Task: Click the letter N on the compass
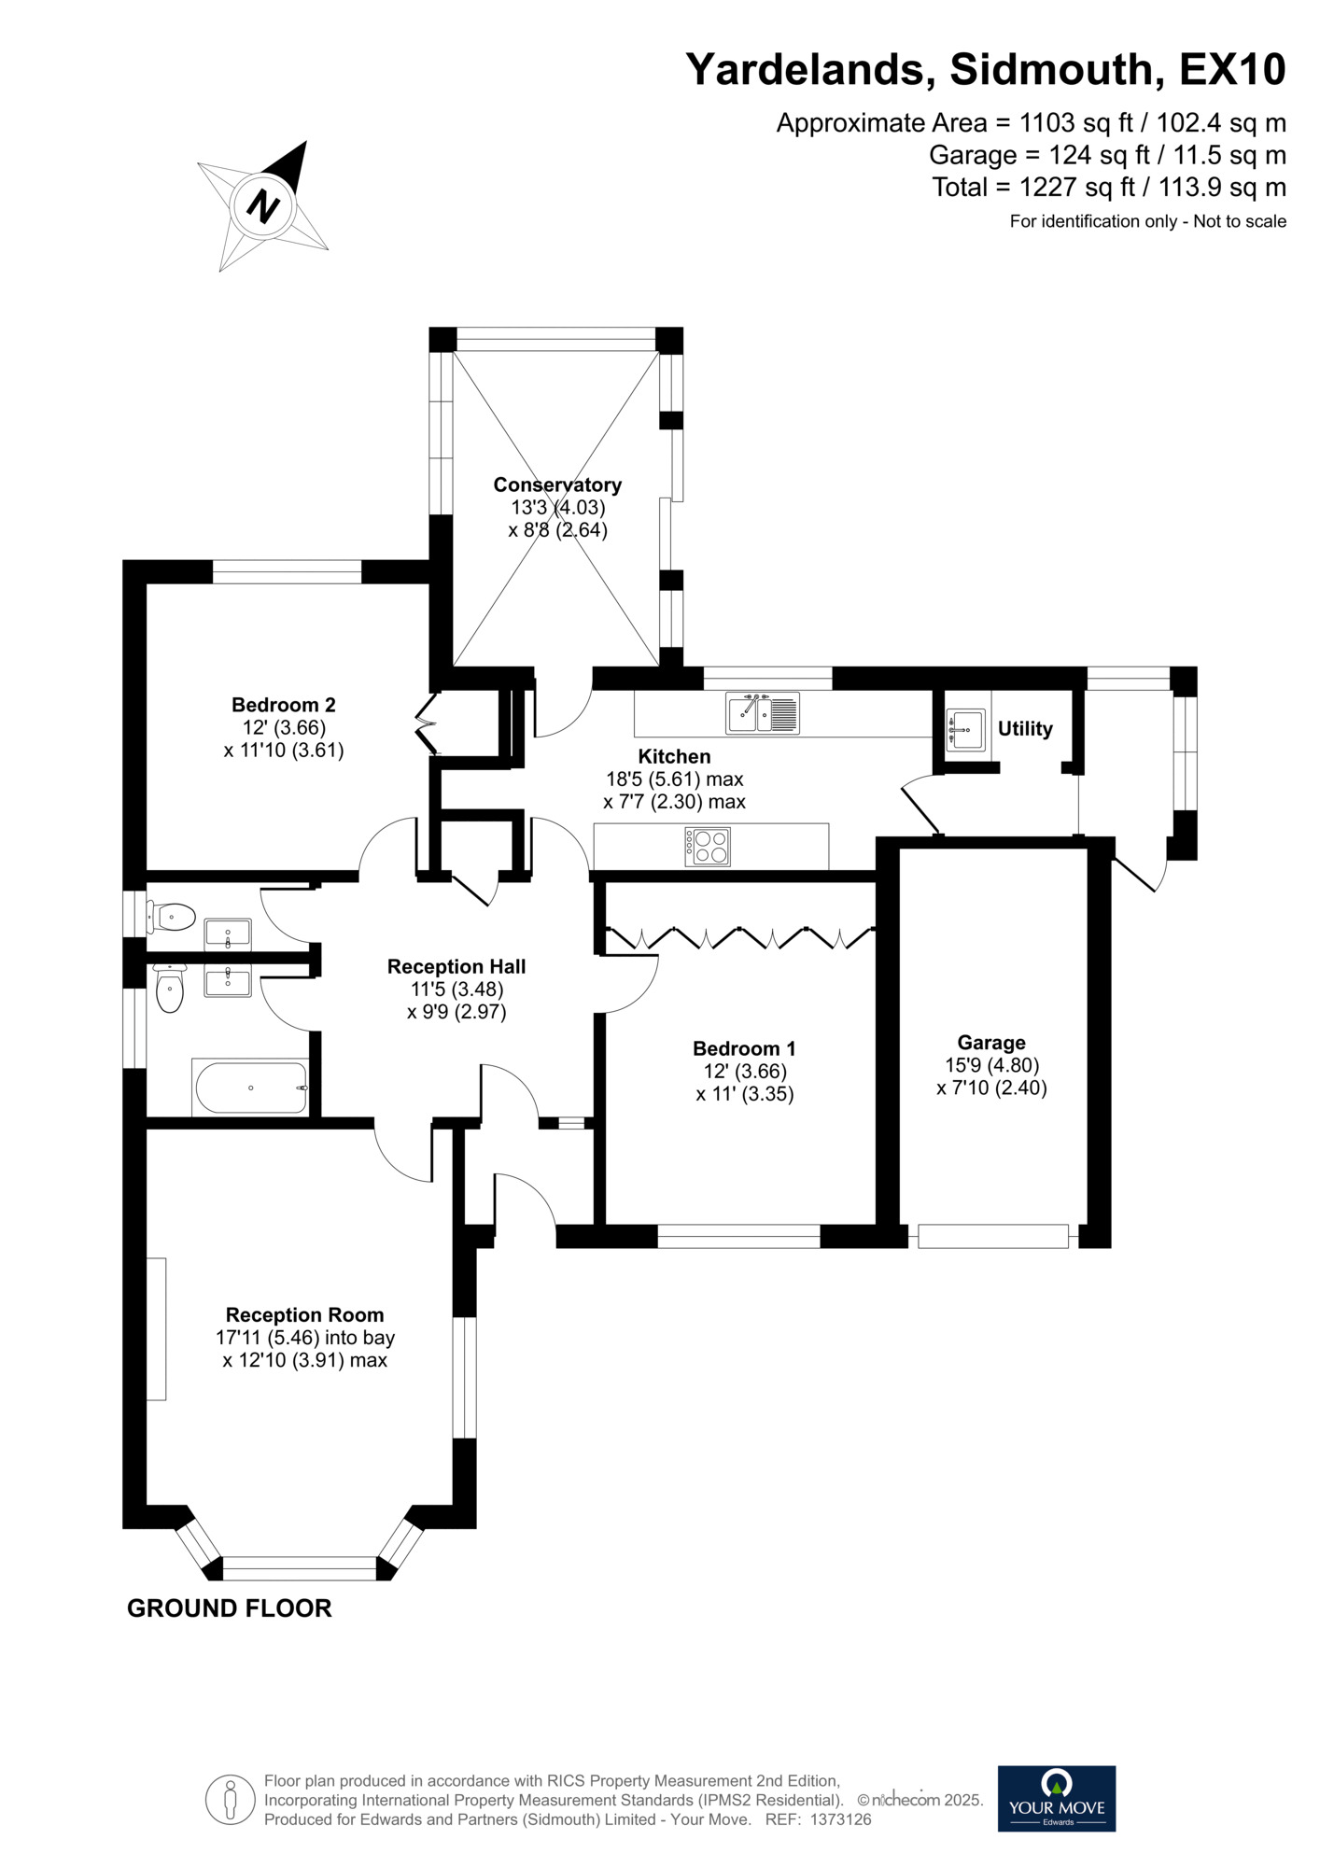coord(263,205)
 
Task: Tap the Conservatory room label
coord(557,484)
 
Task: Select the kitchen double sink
coord(763,713)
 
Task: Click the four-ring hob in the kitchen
coord(708,847)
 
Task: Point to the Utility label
coord(1025,729)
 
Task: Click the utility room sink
coord(965,729)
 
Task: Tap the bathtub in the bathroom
coord(249,1088)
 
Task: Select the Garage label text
coord(991,1043)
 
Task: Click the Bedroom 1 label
coord(744,1048)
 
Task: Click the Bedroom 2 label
coord(284,705)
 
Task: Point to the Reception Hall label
coord(456,966)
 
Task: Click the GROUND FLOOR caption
coord(230,1608)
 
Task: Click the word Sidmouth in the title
coord(1057,70)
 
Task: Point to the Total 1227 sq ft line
coord(1109,188)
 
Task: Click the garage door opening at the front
coord(992,1236)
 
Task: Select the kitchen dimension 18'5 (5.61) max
coord(674,779)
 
